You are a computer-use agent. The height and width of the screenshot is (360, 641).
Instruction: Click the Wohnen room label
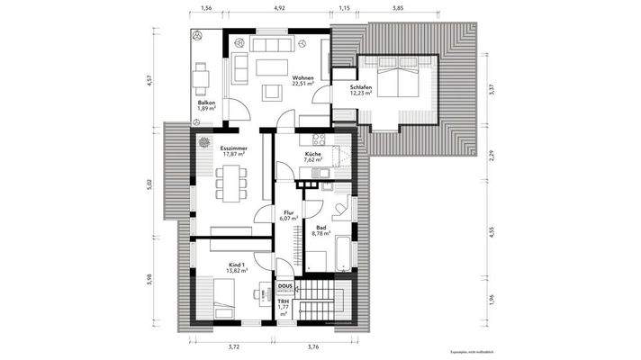pos(302,79)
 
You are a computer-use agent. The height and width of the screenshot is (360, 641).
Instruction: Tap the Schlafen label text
pos(349,87)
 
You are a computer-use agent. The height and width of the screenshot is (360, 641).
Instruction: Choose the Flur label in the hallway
pos(289,212)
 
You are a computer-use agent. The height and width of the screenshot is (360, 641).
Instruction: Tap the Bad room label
pos(320,228)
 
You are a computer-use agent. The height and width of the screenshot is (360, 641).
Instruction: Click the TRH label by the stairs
pos(283,302)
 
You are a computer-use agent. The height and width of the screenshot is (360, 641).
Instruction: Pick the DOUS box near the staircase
pos(285,286)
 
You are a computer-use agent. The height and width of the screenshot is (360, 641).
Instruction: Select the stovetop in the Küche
pos(318,139)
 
